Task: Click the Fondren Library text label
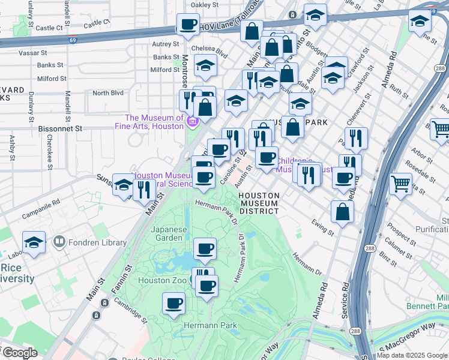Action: click(x=98, y=242)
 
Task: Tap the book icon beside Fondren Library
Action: click(x=59, y=242)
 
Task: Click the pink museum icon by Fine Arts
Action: click(x=192, y=122)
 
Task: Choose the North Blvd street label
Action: click(x=107, y=93)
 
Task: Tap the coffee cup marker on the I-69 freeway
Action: click(x=188, y=25)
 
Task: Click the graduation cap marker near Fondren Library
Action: click(x=34, y=244)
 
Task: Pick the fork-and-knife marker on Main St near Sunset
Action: click(x=144, y=191)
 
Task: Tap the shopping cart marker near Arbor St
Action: click(x=400, y=184)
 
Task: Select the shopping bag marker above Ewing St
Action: click(x=342, y=212)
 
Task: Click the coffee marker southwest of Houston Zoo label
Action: click(x=174, y=304)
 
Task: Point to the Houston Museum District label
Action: click(x=259, y=203)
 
